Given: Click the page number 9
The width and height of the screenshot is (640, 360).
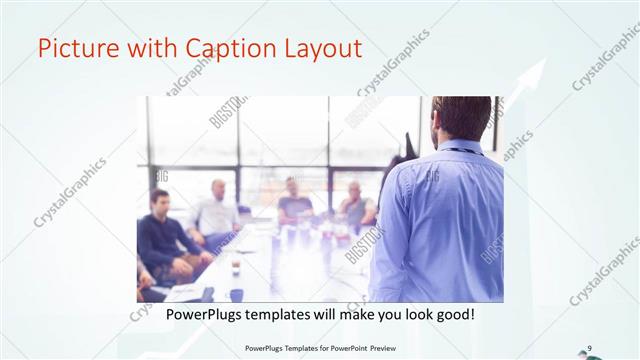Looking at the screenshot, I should pyautogui.click(x=590, y=348).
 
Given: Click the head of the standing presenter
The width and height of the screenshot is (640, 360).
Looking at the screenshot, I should pyautogui.click(x=461, y=119).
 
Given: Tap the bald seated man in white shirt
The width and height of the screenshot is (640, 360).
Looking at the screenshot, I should pyautogui.click(x=216, y=211).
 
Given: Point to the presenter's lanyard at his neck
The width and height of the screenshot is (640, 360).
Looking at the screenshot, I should pyautogui.click(x=460, y=150).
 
